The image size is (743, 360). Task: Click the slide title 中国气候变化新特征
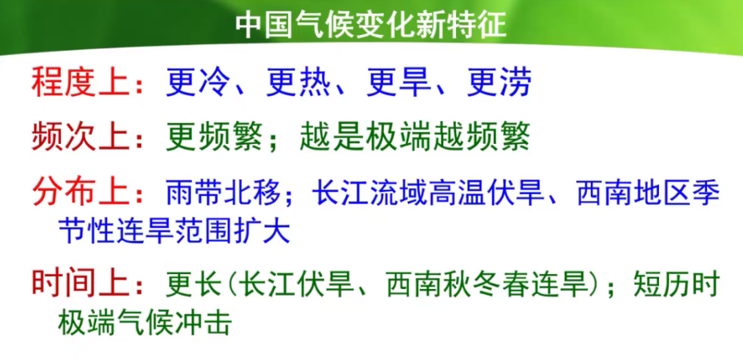pyautogui.click(x=371, y=25)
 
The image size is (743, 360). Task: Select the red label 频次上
pyautogui.click(x=80, y=137)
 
